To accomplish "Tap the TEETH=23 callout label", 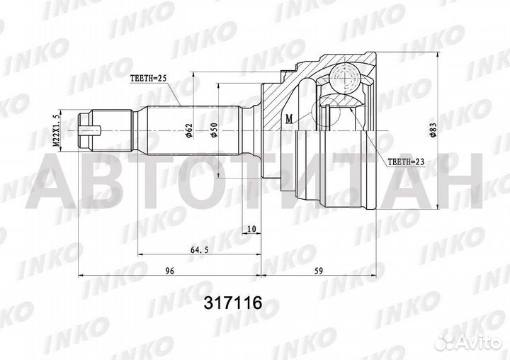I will point(406,162).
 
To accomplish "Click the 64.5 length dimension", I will point(200,248).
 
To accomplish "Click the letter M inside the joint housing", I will point(289,118).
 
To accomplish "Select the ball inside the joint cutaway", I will point(344,75).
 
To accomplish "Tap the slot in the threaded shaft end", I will point(92,130).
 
